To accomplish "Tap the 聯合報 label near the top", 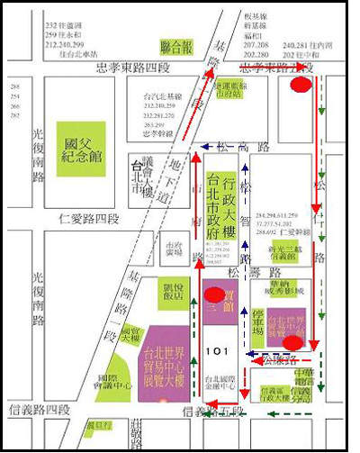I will (177, 44).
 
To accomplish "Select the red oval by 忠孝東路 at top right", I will (304, 81).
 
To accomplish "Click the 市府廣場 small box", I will (173, 245).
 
